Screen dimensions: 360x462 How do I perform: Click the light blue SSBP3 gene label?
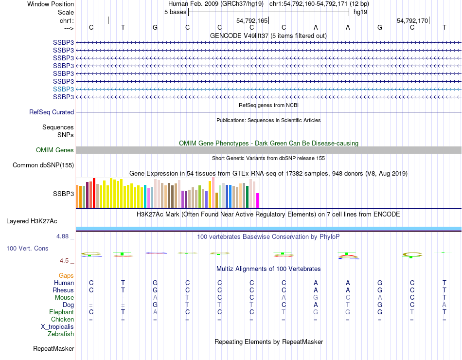(x=63, y=89)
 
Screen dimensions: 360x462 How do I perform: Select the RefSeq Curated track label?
(x=52, y=112)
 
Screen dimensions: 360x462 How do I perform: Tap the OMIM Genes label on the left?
(x=54, y=150)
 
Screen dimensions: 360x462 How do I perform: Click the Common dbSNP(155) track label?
(x=43, y=165)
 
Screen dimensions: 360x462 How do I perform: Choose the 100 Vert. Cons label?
(x=27, y=248)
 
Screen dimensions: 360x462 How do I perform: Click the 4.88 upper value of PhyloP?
(x=64, y=236)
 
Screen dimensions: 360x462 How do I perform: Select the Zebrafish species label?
(x=61, y=334)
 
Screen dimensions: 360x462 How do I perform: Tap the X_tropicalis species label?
(x=57, y=326)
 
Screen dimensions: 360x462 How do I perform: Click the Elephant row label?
(x=61, y=312)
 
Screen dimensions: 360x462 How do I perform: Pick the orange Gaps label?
(x=66, y=275)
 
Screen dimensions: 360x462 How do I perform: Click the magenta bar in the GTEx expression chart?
(x=258, y=200)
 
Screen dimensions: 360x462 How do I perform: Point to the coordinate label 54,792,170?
(x=412, y=21)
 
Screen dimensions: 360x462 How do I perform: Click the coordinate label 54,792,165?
(x=252, y=21)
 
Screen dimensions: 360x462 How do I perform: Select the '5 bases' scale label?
(x=175, y=12)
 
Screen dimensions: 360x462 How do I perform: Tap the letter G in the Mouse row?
(x=316, y=297)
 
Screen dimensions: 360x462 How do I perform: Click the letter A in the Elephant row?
(x=155, y=312)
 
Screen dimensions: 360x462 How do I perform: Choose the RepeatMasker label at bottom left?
(x=53, y=348)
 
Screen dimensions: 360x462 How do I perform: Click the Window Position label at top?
(x=51, y=4)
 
